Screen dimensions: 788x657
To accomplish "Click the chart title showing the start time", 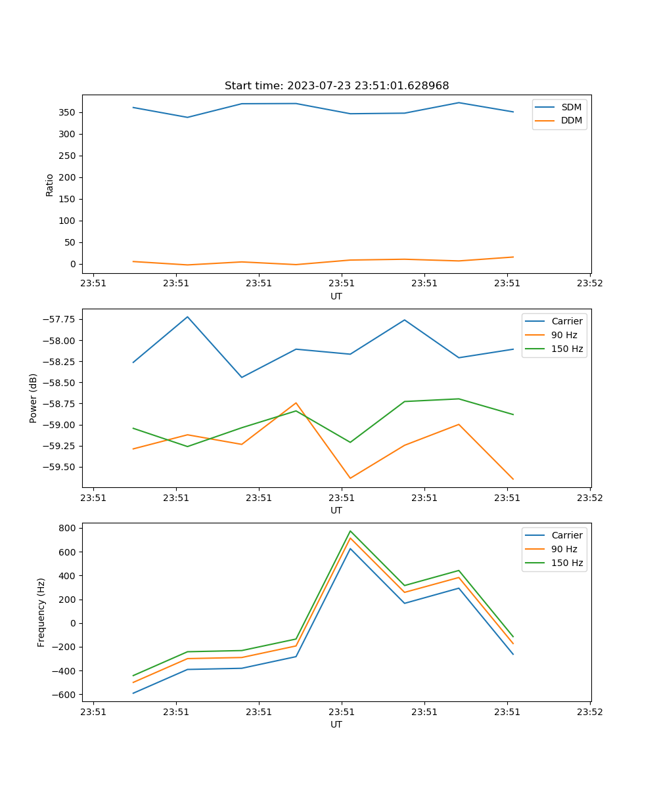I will point(336,86).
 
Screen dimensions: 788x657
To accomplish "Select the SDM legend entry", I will point(571,106).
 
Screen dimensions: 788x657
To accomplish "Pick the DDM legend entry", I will point(571,120).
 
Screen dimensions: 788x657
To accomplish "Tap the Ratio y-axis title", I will point(50,185).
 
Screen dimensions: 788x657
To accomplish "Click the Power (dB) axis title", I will point(34,398).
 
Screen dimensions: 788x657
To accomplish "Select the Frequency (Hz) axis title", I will point(41,612).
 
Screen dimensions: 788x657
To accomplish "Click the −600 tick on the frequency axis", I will point(65,695).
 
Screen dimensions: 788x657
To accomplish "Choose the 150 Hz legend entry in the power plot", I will point(567,349).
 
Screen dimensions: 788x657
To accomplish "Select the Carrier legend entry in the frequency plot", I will point(566,535).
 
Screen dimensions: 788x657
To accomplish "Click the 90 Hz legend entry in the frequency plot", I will point(564,549).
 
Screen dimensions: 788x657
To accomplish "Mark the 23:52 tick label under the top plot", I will point(589,284).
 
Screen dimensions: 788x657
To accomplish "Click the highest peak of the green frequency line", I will point(350,531).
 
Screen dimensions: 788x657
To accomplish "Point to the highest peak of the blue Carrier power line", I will point(187,317).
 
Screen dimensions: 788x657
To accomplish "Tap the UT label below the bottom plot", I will point(336,724).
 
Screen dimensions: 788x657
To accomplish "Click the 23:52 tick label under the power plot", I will point(589,498).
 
